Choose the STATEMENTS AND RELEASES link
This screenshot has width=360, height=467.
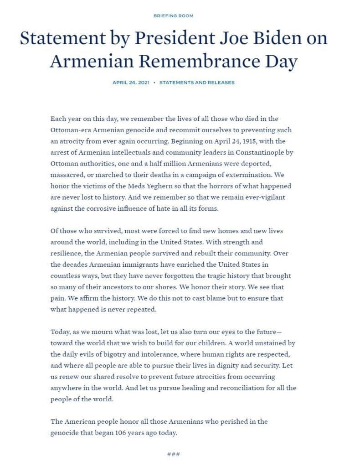tap(197, 83)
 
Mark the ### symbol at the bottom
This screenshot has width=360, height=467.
tap(174, 454)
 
